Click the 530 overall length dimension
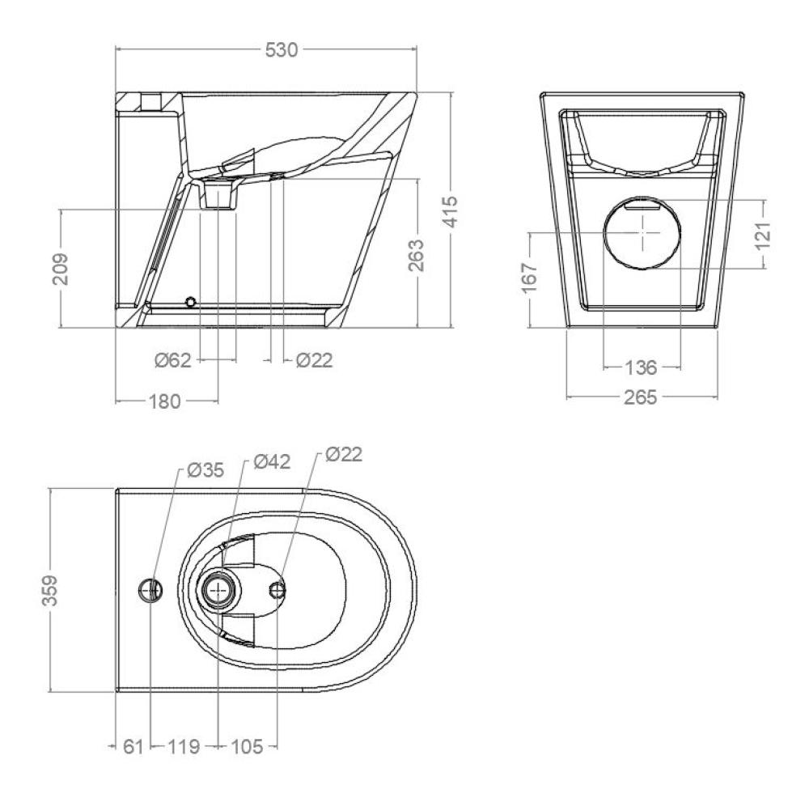282,50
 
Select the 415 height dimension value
451,211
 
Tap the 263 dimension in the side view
416,255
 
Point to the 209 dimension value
61,269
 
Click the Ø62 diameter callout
173,360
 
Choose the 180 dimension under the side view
165,401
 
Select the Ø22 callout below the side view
314,360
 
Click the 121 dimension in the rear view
763,236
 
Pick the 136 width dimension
642,367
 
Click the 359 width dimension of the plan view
50,590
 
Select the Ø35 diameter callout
205,470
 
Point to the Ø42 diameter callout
272,461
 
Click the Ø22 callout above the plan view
344,454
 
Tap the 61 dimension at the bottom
133,746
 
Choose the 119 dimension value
184,746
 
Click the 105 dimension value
247,746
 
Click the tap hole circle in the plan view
151,589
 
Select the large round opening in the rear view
642,233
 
